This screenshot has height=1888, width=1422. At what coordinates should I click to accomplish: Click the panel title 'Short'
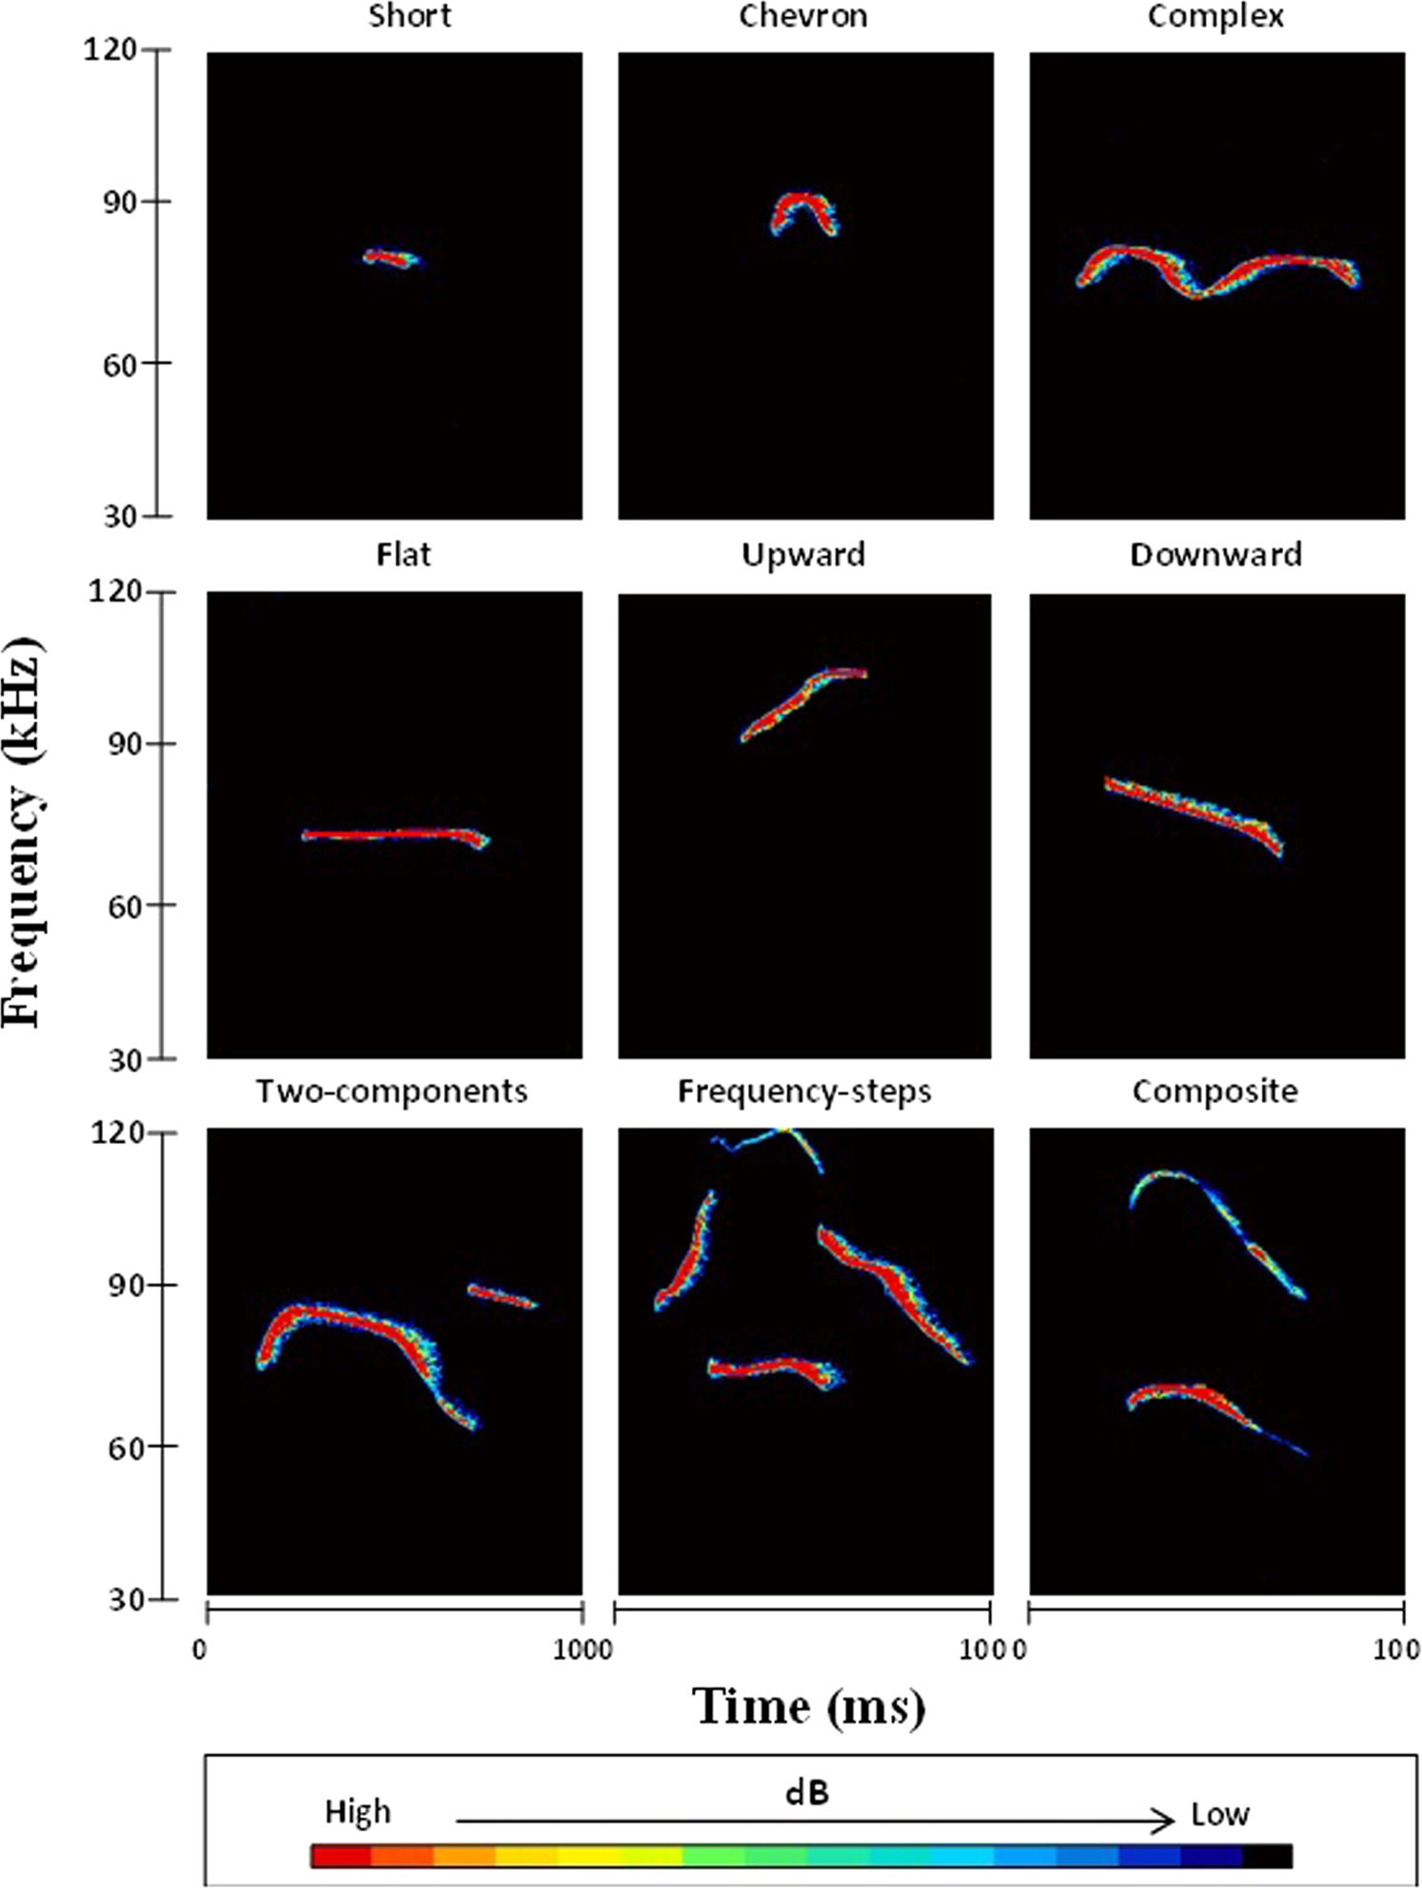[x=409, y=16]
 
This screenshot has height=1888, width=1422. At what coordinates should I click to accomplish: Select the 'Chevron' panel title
[x=802, y=16]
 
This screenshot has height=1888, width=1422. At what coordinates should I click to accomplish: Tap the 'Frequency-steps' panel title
[x=803, y=1091]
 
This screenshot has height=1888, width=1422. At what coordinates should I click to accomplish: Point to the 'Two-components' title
[x=391, y=1091]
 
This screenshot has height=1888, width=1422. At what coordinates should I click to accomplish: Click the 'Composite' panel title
[x=1215, y=1091]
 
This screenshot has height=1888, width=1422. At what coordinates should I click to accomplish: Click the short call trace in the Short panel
[x=390, y=258]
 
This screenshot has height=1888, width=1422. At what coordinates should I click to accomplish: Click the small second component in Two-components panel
[x=503, y=1296]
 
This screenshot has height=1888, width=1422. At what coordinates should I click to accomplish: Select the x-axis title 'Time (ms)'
[x=808, y=1706]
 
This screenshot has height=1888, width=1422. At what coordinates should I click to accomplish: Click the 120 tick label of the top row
[x=110, y=49]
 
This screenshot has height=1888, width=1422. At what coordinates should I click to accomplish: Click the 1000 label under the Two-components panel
[x=581, y=1649]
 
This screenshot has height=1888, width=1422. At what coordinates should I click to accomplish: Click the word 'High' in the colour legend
[x=358, y=1811]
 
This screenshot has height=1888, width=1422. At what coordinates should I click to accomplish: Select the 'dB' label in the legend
[x=807, y=1793]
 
